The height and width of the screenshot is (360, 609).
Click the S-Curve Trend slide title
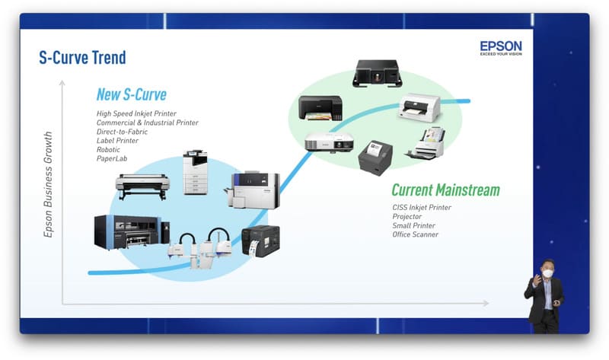coord(82,57)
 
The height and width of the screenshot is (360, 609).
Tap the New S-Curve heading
coord(131,94)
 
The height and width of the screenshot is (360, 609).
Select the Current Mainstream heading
coord(445,190)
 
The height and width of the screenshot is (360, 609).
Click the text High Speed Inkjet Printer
coord(136,113)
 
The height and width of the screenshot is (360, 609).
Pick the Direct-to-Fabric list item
coord(122,132)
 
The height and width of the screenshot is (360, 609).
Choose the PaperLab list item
coord(112,159)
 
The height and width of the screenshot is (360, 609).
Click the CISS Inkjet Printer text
coord(422,207)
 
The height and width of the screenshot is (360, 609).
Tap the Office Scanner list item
coord(415,234)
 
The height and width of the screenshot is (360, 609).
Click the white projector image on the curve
coord(329,142)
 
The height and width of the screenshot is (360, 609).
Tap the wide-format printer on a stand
coord(142,186)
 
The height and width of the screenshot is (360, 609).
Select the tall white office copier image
coord(195,173)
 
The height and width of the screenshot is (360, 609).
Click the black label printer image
coord(260,240)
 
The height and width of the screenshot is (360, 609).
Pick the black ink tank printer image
coord(320,109)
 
